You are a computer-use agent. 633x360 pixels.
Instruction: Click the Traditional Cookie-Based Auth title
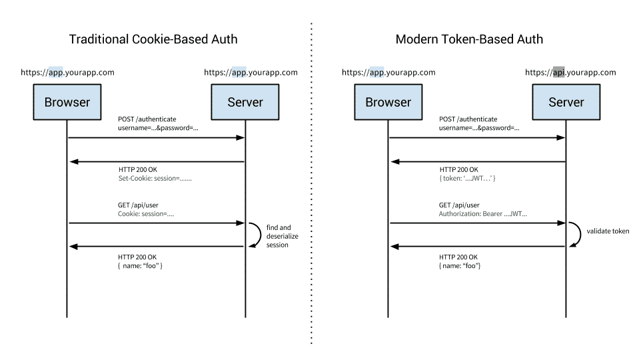click(x=153, y=39)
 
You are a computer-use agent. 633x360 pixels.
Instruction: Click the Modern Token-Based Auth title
click(x=468, y=39)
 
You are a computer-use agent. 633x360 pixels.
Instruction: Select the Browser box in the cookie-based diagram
click(x=67, y=102)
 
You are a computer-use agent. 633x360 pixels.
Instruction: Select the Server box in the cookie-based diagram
click(x=245, y=102)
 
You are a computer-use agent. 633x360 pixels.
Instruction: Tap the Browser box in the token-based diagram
click(x=388, y=102)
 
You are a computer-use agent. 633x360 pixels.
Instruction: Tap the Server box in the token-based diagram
click(x=566, y=102)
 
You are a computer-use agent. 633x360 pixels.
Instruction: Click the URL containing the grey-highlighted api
click(x=572, y=72)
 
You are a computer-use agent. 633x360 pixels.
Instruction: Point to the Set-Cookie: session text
click(x=155, y=179)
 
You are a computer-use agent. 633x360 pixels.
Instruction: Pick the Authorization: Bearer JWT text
click(x=483, y=214)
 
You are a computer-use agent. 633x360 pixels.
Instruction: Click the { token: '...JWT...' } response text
click(x=468, y=179)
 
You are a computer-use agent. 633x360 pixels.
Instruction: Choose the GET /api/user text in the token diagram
click(x=459, y=205)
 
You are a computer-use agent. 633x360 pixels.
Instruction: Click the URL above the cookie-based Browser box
click(x=67, y=72)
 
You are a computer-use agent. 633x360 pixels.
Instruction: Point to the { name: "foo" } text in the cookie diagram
click(x=141, y=266)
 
